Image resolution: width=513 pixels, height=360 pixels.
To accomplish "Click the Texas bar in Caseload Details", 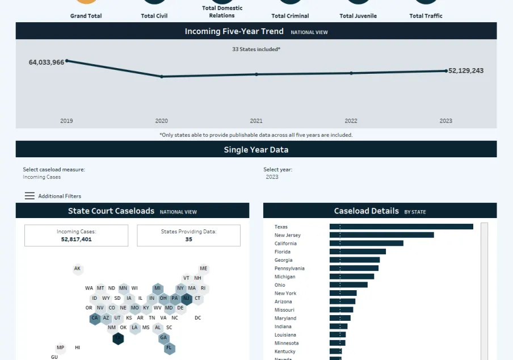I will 401,227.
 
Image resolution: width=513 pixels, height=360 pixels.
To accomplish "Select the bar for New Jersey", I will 381,235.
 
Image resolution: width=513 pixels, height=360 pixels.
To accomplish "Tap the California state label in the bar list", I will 285,244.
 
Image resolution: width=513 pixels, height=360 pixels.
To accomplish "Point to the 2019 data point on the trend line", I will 67,61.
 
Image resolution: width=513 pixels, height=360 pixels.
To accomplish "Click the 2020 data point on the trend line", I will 162,77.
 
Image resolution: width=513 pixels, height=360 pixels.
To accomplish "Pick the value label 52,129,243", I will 466,71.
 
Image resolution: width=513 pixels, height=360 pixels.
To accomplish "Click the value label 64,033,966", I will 47,62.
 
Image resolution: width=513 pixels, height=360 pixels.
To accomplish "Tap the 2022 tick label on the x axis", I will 351,121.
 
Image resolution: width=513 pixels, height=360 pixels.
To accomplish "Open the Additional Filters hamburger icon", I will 30,196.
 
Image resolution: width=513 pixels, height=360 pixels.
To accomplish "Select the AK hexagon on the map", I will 78,269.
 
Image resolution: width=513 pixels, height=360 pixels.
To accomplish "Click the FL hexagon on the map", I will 169,348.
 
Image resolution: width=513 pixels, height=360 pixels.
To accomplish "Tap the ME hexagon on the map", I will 204,269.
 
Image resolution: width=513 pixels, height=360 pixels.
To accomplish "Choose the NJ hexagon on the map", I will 186,298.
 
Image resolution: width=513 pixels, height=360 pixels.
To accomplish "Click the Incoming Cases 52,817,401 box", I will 76,236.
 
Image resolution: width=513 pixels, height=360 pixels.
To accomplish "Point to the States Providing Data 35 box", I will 188,236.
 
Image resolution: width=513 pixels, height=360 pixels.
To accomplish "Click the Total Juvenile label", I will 358,16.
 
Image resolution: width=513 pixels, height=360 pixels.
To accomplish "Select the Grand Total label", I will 86,16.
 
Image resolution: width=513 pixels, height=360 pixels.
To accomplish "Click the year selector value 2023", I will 272,177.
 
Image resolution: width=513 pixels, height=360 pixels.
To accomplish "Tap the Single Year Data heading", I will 256,150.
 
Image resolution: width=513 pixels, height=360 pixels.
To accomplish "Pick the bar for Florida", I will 358,252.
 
